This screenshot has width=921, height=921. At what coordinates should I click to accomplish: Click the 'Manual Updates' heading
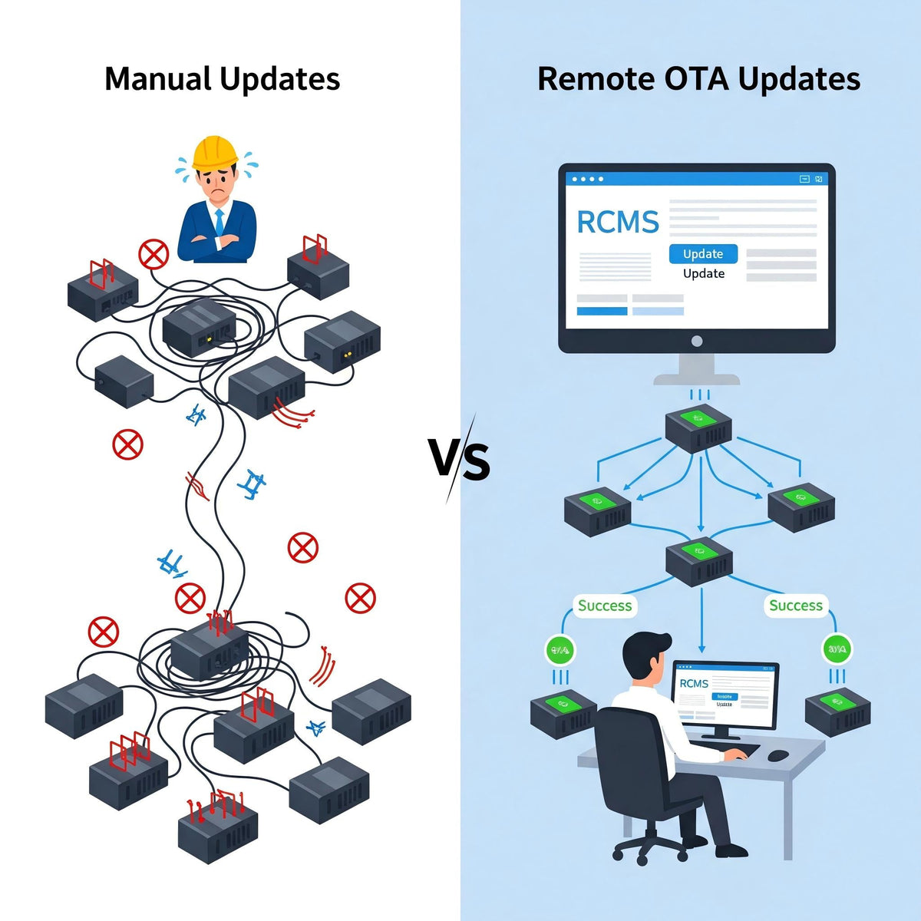click(222, 79)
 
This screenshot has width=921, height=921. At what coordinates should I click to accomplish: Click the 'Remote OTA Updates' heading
click(698, 79)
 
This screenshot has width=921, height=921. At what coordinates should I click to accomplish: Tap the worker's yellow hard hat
click(216, 152)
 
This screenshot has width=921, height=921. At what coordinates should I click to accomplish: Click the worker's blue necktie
click(220, 223)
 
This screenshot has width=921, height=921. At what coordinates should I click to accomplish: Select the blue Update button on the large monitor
click(703, 253)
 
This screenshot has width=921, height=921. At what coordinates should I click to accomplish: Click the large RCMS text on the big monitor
click(617, 223)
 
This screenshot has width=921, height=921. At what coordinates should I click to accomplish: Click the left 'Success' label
click(605, 606)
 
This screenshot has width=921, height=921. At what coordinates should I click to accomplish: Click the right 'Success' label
click(795, 606)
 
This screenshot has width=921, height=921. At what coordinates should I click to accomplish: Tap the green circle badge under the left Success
click(560, 650)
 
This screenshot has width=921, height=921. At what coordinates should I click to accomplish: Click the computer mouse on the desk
click(778, 755)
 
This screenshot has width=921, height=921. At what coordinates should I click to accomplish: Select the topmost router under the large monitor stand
click(698, 428)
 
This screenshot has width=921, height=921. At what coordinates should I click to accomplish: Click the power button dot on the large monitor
click(697, 341)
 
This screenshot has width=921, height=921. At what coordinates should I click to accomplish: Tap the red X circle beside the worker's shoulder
click(153, 254)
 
